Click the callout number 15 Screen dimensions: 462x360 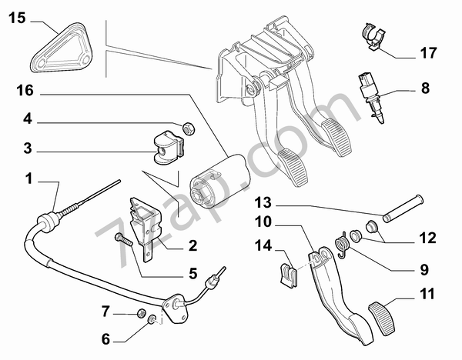coord(18,18)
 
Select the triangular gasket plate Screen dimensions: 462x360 coord(62,48)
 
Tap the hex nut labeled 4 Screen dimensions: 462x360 coord(188,128)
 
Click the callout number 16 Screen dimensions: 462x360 coord(25,90)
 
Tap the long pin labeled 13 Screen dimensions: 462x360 coord(403,208)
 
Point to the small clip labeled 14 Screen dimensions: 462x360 coord(288,275)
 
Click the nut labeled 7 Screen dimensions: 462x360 coord(142,313)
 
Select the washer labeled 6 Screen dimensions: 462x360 coord(152,319)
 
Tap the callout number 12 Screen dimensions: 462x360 coord(427,238)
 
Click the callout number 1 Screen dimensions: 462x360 coord(28,178)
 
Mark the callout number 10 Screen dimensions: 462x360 coord(263,222)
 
